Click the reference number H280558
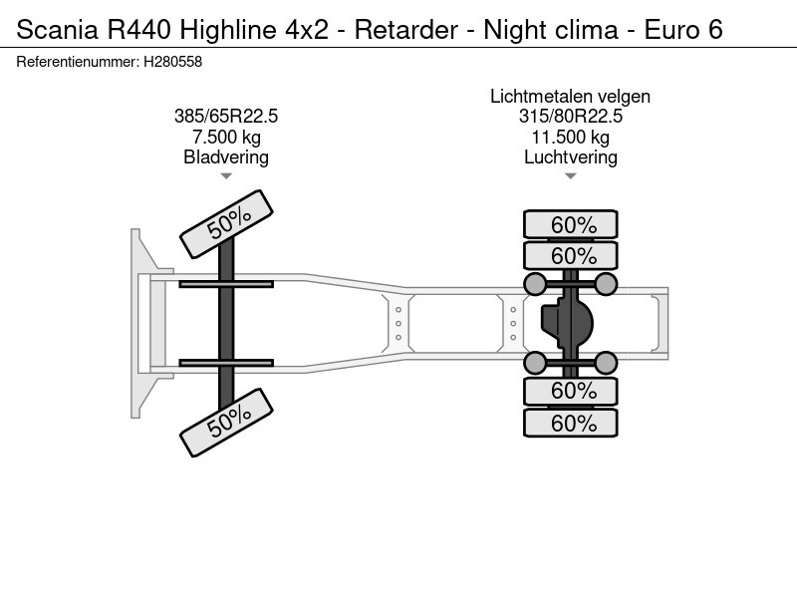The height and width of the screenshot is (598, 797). [x=172, y=62]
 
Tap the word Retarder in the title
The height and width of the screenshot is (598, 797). [x=406, y=30]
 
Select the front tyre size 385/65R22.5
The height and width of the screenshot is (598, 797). [x=226, y=117]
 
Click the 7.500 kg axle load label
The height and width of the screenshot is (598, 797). [x=226, y=137]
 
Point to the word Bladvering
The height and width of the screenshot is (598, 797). [x=226, y=157]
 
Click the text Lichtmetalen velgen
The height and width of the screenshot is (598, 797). [x=570, y=96]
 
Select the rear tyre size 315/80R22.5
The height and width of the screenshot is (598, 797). [x=570, y=117]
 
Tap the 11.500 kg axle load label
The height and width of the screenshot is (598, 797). [x=570, y=137]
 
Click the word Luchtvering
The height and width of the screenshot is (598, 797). [x=570, y=157]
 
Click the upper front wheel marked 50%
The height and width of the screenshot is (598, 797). [x=227, y=223]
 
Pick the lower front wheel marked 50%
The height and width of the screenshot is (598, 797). [x=227, y=423]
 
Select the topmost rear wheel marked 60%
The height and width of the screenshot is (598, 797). [x=571, y=224]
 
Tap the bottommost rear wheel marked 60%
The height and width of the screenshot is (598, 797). [x=571, y=423]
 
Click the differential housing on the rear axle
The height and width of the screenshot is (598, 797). [x=567, y=323]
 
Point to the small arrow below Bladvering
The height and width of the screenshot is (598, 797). [x=226, y=176]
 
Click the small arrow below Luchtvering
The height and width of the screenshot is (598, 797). [x=570, y=176]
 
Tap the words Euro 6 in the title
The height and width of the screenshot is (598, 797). [x=683, y=30]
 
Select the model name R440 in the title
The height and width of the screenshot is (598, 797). [x=138, y=30]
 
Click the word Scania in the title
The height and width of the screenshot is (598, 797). [x=58, y=30]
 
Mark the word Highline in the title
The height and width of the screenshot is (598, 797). [x=228, y=30]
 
